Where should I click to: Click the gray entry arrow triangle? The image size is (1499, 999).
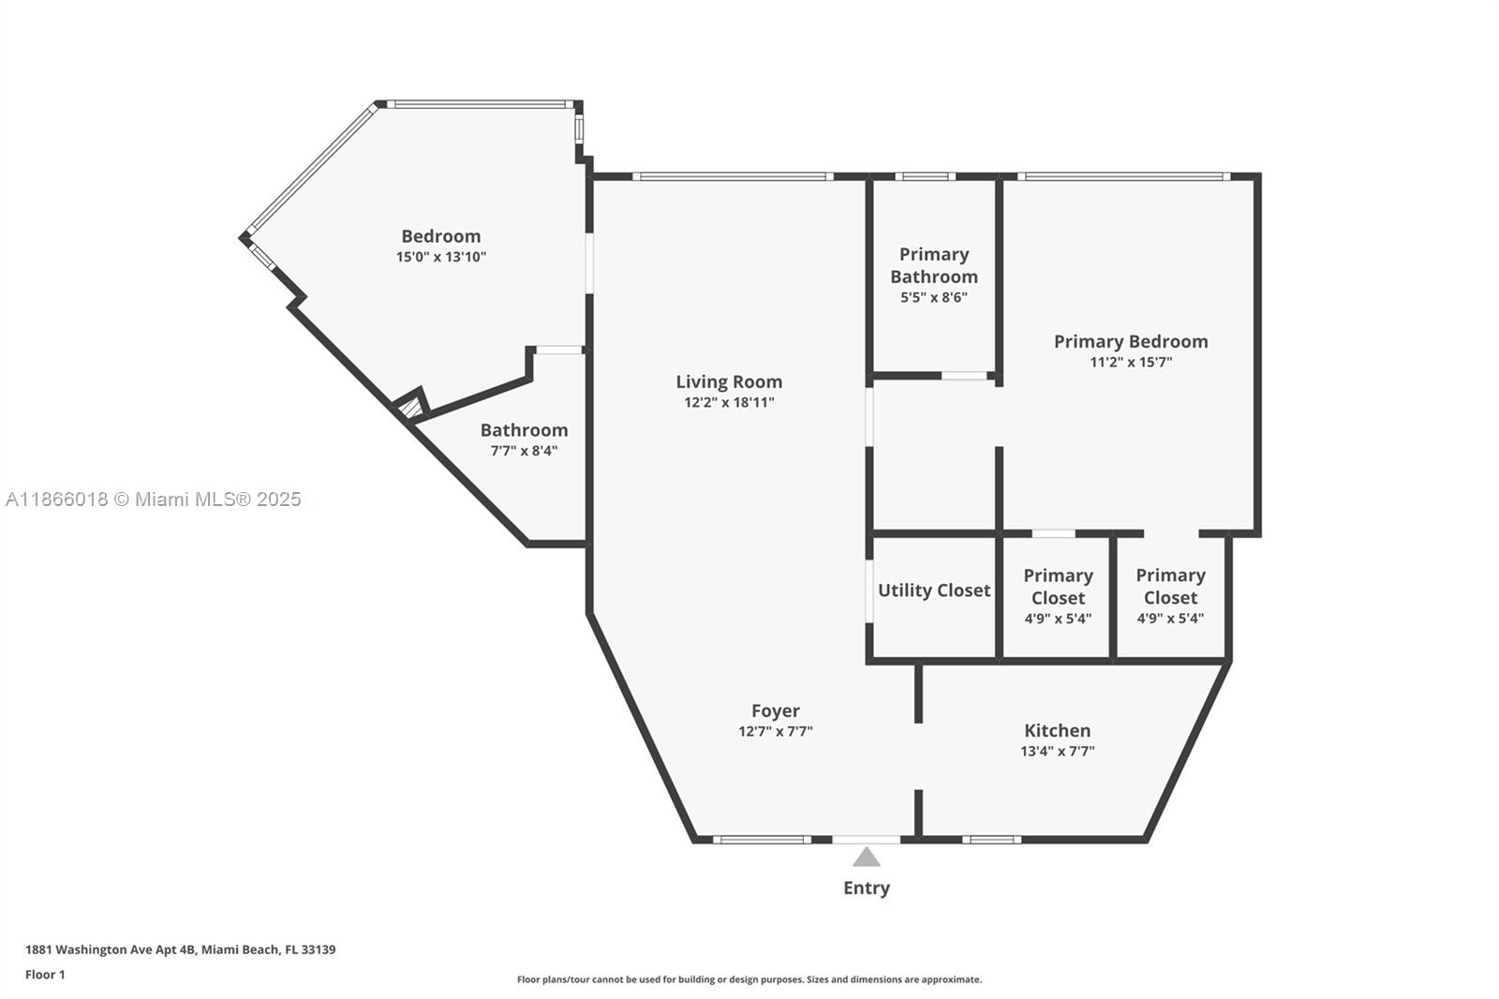pyautogui.click(x=867, y=857)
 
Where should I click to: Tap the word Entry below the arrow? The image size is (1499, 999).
pyautogui.click(x=867, y=887)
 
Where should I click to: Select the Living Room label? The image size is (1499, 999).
pyautogui.click(x=729, y=381)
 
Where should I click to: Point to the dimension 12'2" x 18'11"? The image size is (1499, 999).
pyautogui.click(x=729, y=403)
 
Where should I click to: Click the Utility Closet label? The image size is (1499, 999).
pyautogui.click(x=933, y=590)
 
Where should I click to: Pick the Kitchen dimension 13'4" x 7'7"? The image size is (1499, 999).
pyautogui.click(x=1057, y=751)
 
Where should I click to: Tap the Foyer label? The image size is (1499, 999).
pyautogui.click(x=775, y=710)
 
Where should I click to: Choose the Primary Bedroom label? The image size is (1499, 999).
pyautogui.click(x=1131, y=341)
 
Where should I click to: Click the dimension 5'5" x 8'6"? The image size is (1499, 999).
pyautogui.click(x=933, y=298)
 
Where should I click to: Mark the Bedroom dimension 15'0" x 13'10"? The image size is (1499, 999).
pyautogui.click(x=440, y=257)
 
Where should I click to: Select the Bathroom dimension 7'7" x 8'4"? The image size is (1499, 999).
pyautogui.click(x=524, y=451)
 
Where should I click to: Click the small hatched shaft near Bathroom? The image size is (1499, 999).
pyautogui.click(x=410, y=407)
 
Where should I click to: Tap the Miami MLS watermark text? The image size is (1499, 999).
pyautogui.click(x=154, y=499)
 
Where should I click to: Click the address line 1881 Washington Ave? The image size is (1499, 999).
pyautogui.click(x=180, y=949)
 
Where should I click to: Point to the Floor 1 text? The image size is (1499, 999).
pyautogui.click(x=45, y=975)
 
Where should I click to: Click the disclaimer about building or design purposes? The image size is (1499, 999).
pyautogui.click(x=749, y=979)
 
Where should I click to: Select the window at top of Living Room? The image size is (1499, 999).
pyautogui.click(x=733, y=176)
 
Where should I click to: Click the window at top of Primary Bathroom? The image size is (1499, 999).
pyautogui.click(x=925, y=176)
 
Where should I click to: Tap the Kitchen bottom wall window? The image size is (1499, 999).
pyautogui.click(x=992, y=840)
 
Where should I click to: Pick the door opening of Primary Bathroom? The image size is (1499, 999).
pyautogui.click(x=965, y=376)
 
